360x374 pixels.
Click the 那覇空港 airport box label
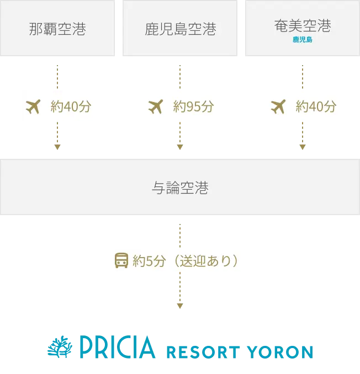click(x=57, y=29)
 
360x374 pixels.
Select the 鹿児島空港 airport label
click(x=180, y=29)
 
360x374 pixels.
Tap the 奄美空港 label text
click(x=302, y=25)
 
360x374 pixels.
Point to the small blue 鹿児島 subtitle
click(x=302, y=40)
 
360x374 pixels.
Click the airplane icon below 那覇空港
click(x=34, y=106)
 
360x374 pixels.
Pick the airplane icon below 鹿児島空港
click(x=156, y=106)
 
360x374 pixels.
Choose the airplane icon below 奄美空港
click(x=278, y=106)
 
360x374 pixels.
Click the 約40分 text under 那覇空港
click(x=71, y=106)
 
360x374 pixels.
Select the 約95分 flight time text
click(x=193, y=106)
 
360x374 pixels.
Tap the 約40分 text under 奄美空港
click(x=316, y=106)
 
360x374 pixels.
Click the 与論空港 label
click(x=180, y=188)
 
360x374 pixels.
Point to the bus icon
click(x=121, y=260)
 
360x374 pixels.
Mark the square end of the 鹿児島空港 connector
click(x=180, y=146)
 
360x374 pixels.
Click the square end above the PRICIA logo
click(x=180, y=304)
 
